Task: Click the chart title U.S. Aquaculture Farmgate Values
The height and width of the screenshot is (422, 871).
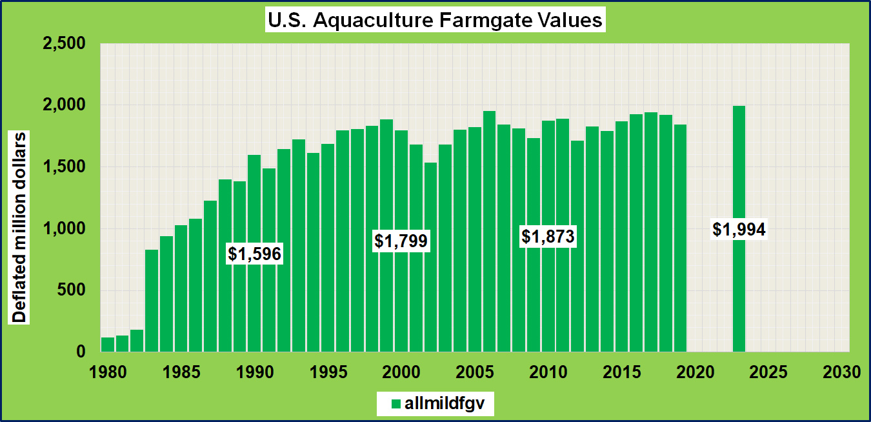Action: click(435, 20)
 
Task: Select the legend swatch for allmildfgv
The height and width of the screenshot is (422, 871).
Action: click(395, 404)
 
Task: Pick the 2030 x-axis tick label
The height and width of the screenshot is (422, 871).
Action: click(841, 373)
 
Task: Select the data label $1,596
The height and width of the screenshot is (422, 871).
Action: click(254, 254)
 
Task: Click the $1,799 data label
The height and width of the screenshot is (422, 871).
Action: click(401, 241)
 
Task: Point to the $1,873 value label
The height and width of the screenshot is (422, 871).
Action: click(548, 237)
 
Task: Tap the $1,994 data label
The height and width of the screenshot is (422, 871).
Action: click(739, 228)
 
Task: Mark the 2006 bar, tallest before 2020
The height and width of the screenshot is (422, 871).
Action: click(489, 232)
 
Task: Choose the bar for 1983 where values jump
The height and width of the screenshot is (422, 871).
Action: click(152, 301)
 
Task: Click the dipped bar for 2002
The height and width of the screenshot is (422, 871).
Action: click(430, 258)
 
